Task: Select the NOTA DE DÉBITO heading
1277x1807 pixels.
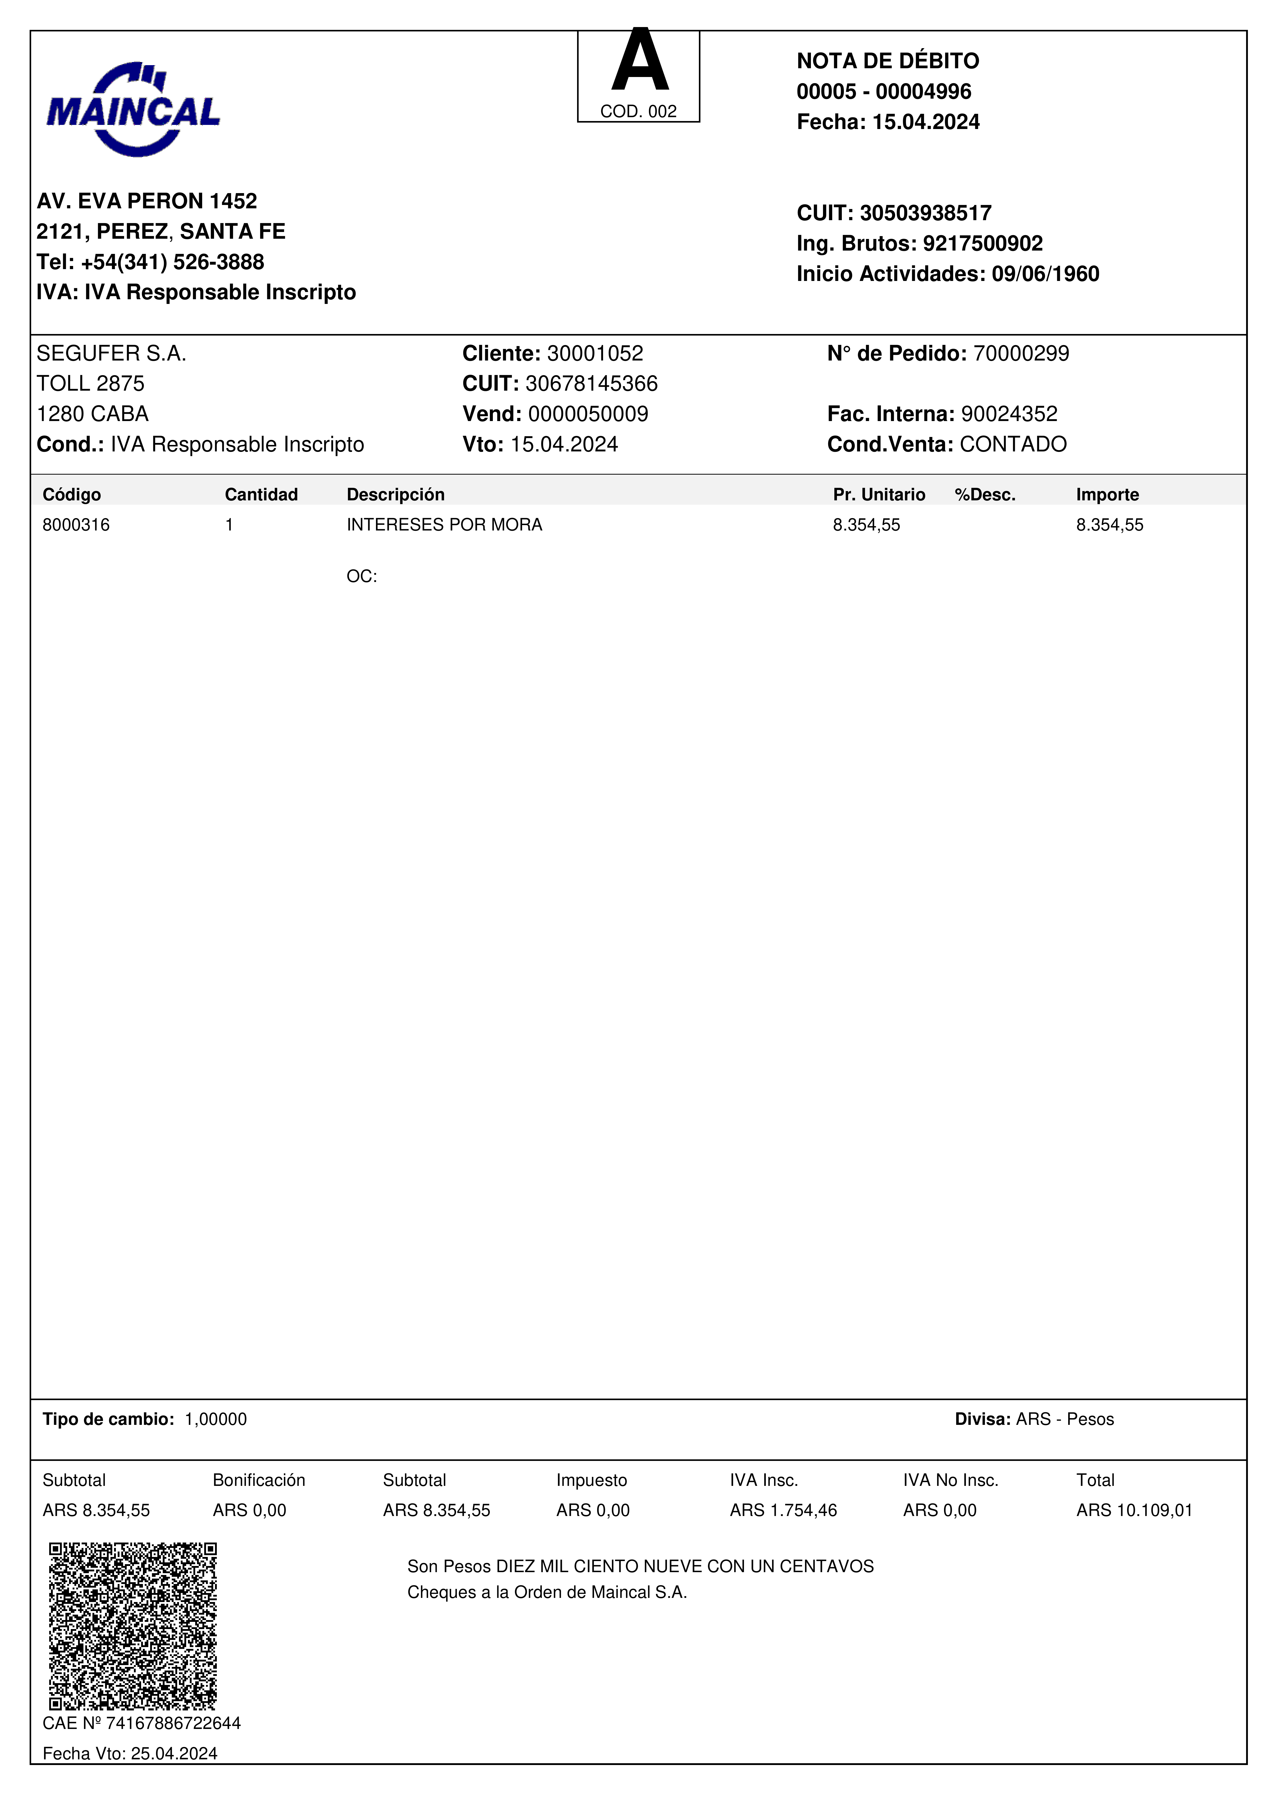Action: coord(888,61)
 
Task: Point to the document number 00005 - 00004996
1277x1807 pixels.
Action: coord(884,91)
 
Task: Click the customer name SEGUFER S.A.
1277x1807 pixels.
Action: coord(111,353)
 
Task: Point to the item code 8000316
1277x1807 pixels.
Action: coord(76,525)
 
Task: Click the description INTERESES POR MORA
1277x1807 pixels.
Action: coord(444,525)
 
